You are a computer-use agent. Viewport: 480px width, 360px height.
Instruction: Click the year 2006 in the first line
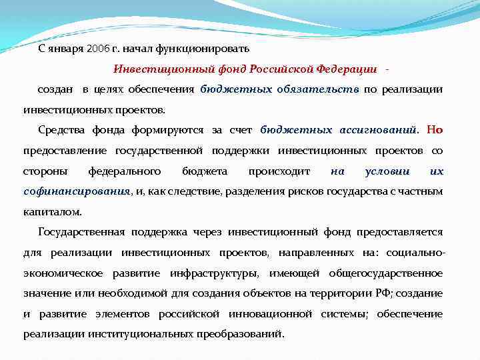coord(98,48)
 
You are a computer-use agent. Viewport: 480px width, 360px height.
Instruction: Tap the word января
coord(66,48)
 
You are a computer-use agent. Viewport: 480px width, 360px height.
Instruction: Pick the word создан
coord(57,89)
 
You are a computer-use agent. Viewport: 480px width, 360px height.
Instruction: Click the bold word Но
coord(434,131)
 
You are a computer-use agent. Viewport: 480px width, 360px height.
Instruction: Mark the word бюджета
coord(205,172)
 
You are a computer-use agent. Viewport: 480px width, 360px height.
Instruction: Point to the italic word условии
coord(387,172)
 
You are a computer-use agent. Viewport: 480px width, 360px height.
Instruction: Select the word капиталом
coord(53,213)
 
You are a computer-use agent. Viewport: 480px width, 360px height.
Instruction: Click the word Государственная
coord(81,233)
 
